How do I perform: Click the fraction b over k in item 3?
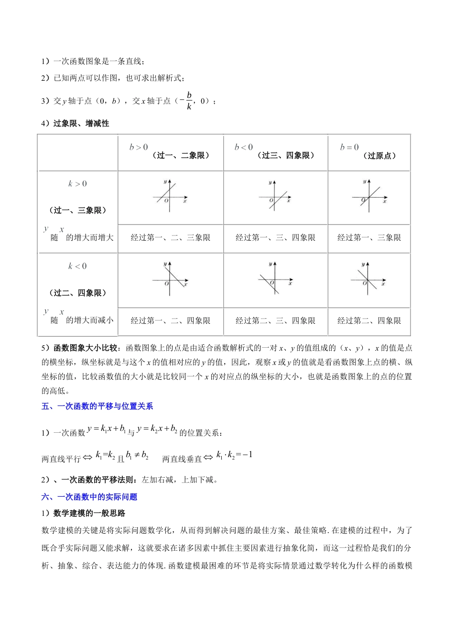[x=189, y=100]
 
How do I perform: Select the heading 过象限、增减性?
[x=81, y=123]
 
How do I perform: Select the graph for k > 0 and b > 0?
[x=170, y=196]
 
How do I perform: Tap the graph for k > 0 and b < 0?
[x=275, y=196]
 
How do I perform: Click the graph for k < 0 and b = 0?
[x=368, y=279]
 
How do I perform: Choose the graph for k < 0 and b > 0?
[x=170, y=279]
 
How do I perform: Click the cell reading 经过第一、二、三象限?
[x=171, y=237]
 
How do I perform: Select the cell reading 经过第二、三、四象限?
[x=275, y=321]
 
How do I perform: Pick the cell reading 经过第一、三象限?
[x=369, y=237]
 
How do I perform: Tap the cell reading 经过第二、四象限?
[x=369, y=321]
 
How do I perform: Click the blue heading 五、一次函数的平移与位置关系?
[x=97, y=406]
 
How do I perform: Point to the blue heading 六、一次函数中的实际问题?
[x=89, y=497]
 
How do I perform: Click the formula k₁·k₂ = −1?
[x=234, y=455]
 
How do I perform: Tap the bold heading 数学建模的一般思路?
[x=89, y=513]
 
